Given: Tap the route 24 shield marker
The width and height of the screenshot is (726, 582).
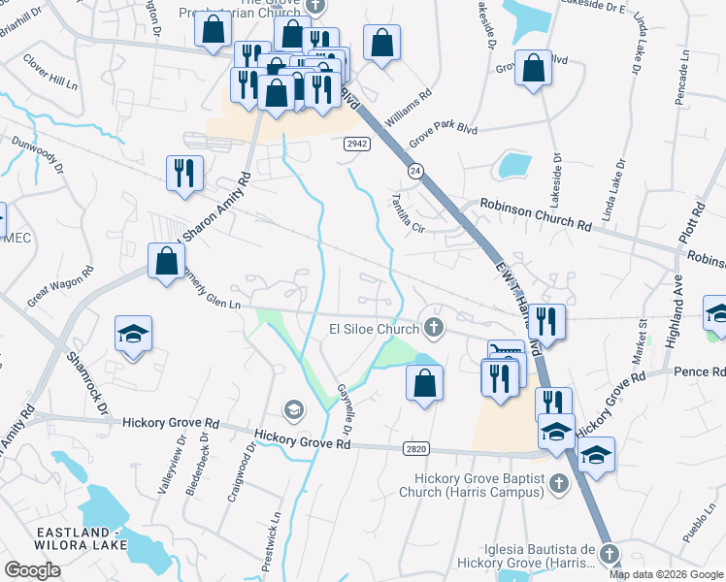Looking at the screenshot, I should pos(414,171).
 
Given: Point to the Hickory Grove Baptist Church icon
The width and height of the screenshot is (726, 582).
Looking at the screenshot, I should pos(558,482).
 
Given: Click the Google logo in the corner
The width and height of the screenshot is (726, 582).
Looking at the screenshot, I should pos(32,570).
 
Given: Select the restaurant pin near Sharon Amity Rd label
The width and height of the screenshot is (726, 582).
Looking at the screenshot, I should pos(184,174).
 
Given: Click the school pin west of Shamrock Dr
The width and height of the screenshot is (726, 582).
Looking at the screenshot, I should pos(134,335).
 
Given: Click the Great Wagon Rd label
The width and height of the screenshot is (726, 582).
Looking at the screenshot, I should pos(60,286).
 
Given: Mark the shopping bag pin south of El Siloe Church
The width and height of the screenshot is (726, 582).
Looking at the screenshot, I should pos(424,381).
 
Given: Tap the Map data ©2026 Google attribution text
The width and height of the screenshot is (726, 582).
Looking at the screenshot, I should pos(667,573).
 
